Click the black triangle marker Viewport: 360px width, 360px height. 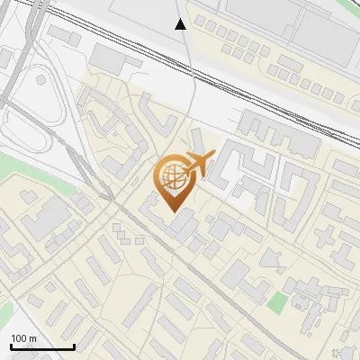[180, 23]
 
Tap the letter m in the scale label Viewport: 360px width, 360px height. [33, 337]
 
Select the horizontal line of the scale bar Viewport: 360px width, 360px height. [41, 347]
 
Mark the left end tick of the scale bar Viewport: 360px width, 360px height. [11, 345]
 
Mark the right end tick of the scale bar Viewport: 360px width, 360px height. [73, 345]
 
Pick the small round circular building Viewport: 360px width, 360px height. [40, 80]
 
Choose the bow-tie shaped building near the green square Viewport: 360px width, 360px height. [270, 258]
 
